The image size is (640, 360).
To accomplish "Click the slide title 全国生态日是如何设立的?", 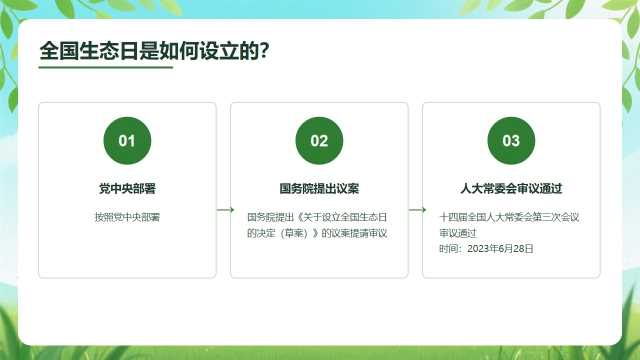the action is point(154,51).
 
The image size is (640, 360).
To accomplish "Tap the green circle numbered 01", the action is point(127,141).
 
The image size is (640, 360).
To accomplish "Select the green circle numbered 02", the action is point(319,141).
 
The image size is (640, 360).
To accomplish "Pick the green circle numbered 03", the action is point(511,141).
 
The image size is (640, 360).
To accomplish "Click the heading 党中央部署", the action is point(127,189).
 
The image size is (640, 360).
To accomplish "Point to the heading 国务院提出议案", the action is point(319,189).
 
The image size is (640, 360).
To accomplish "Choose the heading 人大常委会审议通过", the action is point(511,189).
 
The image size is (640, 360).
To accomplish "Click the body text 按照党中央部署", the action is point(127,217).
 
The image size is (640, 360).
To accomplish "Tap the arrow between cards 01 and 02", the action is point(225,210).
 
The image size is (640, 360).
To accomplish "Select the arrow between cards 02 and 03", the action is point(417,210).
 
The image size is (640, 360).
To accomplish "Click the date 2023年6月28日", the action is point(500,249).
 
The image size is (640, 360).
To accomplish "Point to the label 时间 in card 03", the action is point(448,249).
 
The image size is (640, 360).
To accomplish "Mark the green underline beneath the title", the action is point(106,67).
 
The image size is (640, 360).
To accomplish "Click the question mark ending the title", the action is point(264,51).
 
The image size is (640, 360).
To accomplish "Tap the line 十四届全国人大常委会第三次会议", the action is point(509,217).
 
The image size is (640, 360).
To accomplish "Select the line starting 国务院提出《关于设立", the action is point(317,217).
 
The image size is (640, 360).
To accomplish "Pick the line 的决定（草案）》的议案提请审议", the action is point(317,233).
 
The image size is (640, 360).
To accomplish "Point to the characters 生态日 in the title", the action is point(108,51).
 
